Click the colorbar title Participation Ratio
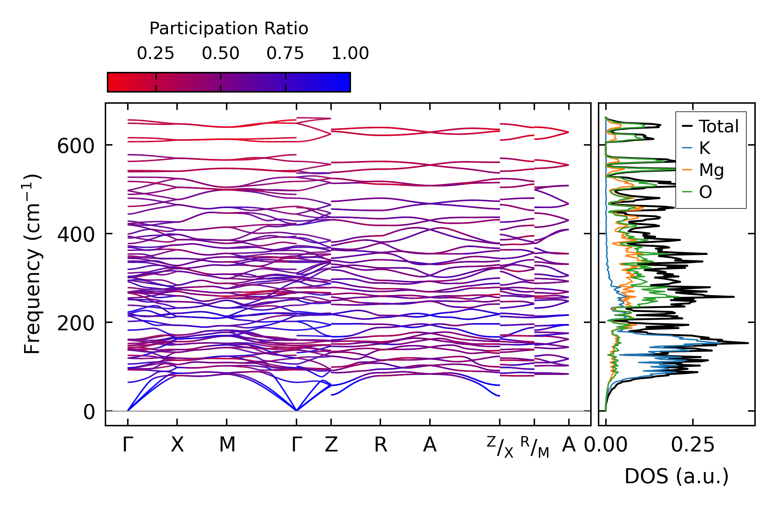coord(229,29)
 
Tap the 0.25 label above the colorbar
coord(155,54)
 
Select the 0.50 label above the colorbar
coord(220,54)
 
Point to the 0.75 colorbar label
coord(285,54)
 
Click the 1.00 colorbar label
coord(350,54)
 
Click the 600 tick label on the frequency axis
coord(76,146)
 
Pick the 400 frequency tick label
coord(76,235)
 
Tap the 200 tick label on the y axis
coord(76,323)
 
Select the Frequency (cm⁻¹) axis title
coord(32,264)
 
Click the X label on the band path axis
coord(177,445)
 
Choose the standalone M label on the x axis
coord(227,445)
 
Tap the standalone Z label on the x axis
coord(331,445)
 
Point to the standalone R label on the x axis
coord(380,445)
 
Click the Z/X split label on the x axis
coord(500,447)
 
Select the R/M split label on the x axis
coord(534,447)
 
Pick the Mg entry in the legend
coord(711,170)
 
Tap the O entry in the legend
coord(705,192)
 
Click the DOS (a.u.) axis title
coord(676,476)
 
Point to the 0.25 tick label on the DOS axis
coord(693,445)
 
